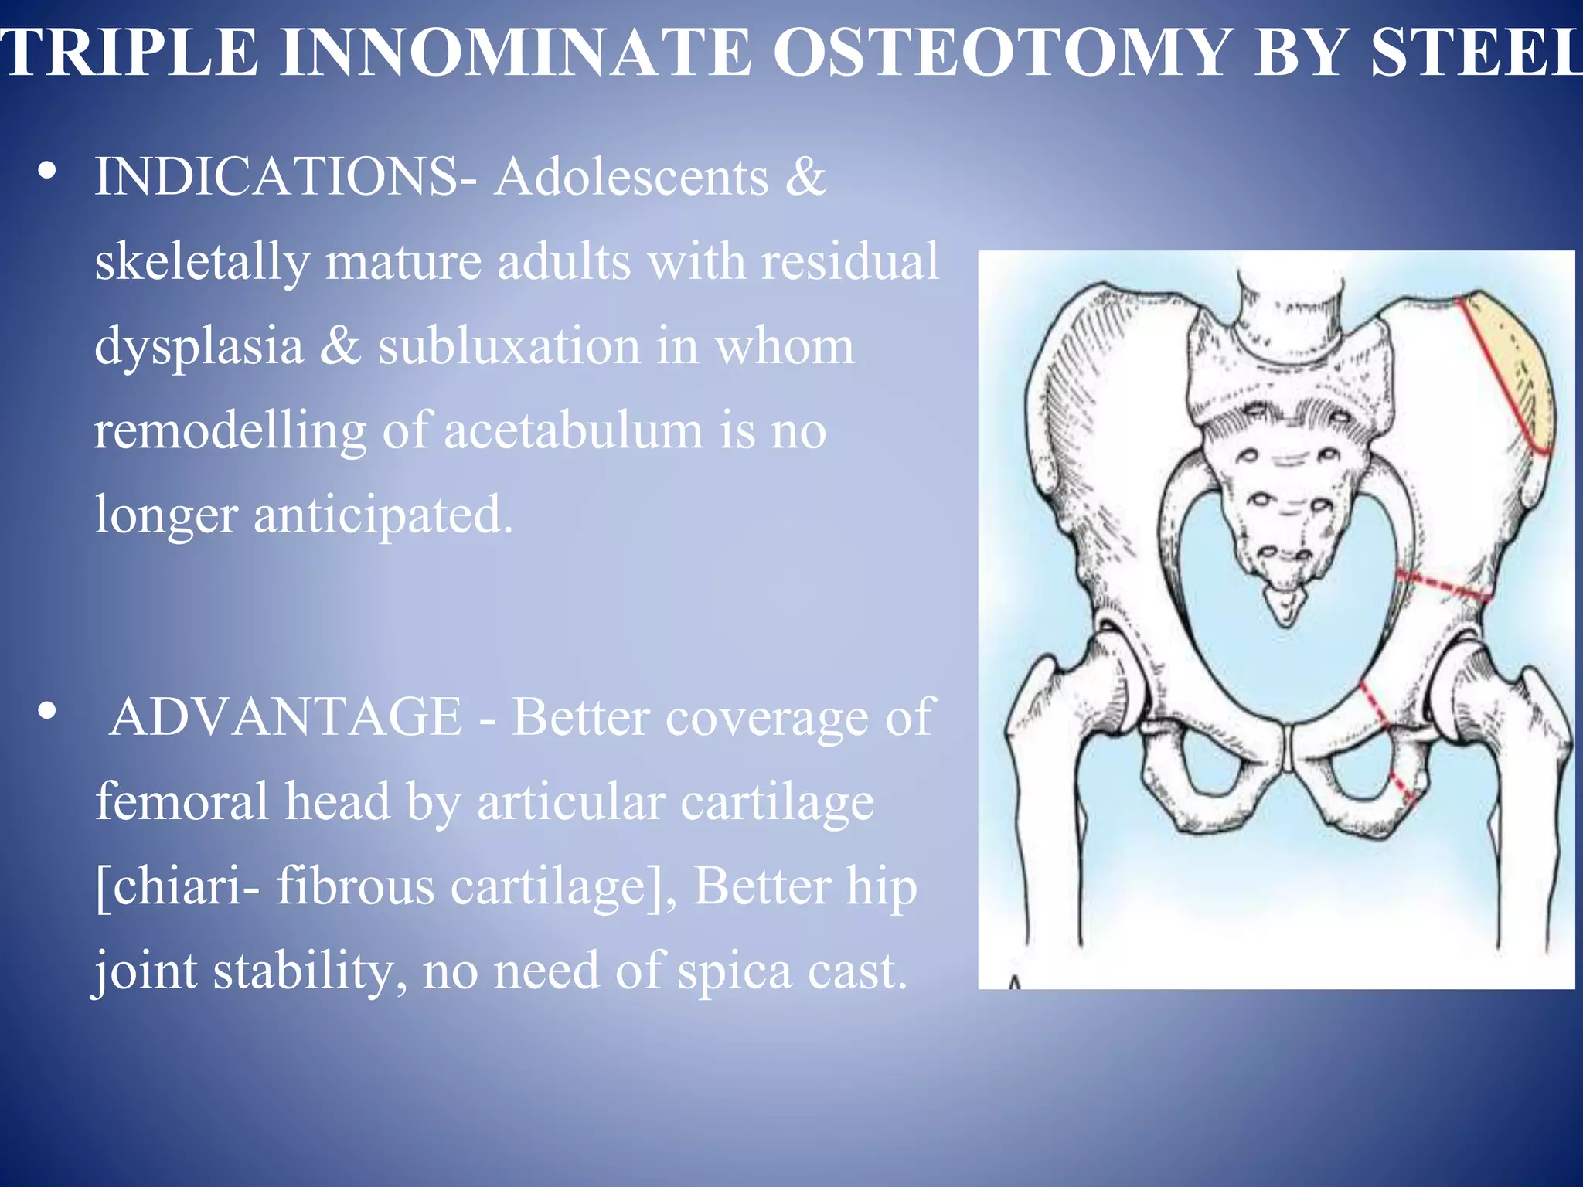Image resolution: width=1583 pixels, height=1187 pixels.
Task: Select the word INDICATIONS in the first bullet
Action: coord(275,176)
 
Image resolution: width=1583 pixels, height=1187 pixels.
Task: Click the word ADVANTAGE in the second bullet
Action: coord(286,716)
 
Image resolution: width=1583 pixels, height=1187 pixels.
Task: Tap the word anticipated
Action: coord(383,515)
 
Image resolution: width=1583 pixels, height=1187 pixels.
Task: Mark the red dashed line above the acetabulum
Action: coord(1442,585)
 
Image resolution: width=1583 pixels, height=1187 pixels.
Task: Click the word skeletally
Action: coord(201,261)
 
